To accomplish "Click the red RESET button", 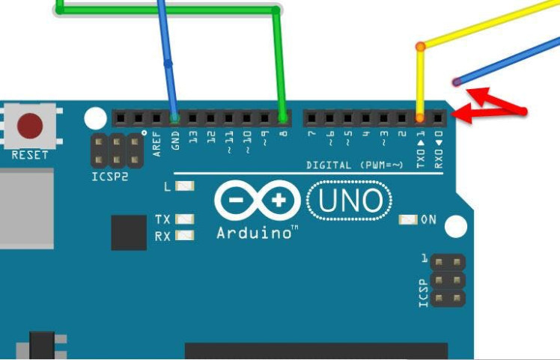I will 30,125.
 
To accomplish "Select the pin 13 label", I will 193,137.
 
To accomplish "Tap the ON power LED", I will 409,219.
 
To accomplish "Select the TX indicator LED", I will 184,219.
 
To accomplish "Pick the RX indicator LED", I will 184,236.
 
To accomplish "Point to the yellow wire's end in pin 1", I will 420,118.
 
